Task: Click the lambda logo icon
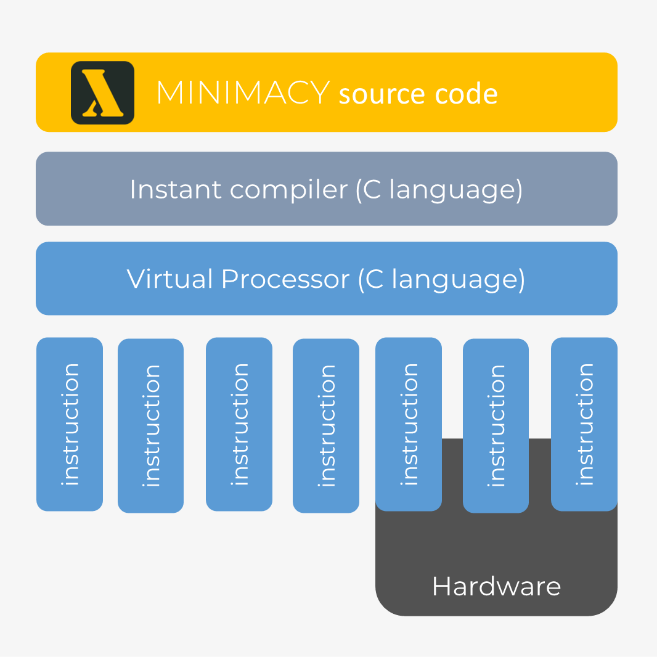pyautogui.click(x=102, y=93)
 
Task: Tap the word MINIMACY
pyautogui.click(x=243, y=93)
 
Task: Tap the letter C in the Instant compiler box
pyautogui.click(x=372, y=189)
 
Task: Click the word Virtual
pyautogui.click(x=169, y=279)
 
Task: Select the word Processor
pyautogui.click(x=285, y=279)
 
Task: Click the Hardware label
pyautogui.click(x=496, y=586)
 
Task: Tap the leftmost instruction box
pyautogui.click(x=70, y=424)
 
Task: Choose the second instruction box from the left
pyautogui.click(x=150, y=425)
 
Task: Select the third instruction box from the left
pyautogui.click(x=239, y=424)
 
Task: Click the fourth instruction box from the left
pyautogui.click(x=326, y=425)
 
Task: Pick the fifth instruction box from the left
pyautogui.click(x=409, y=424)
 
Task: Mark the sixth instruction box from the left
pyautogui.click(x=496, y=425)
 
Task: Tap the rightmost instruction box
pyautogui.click(x=584, y=424)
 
